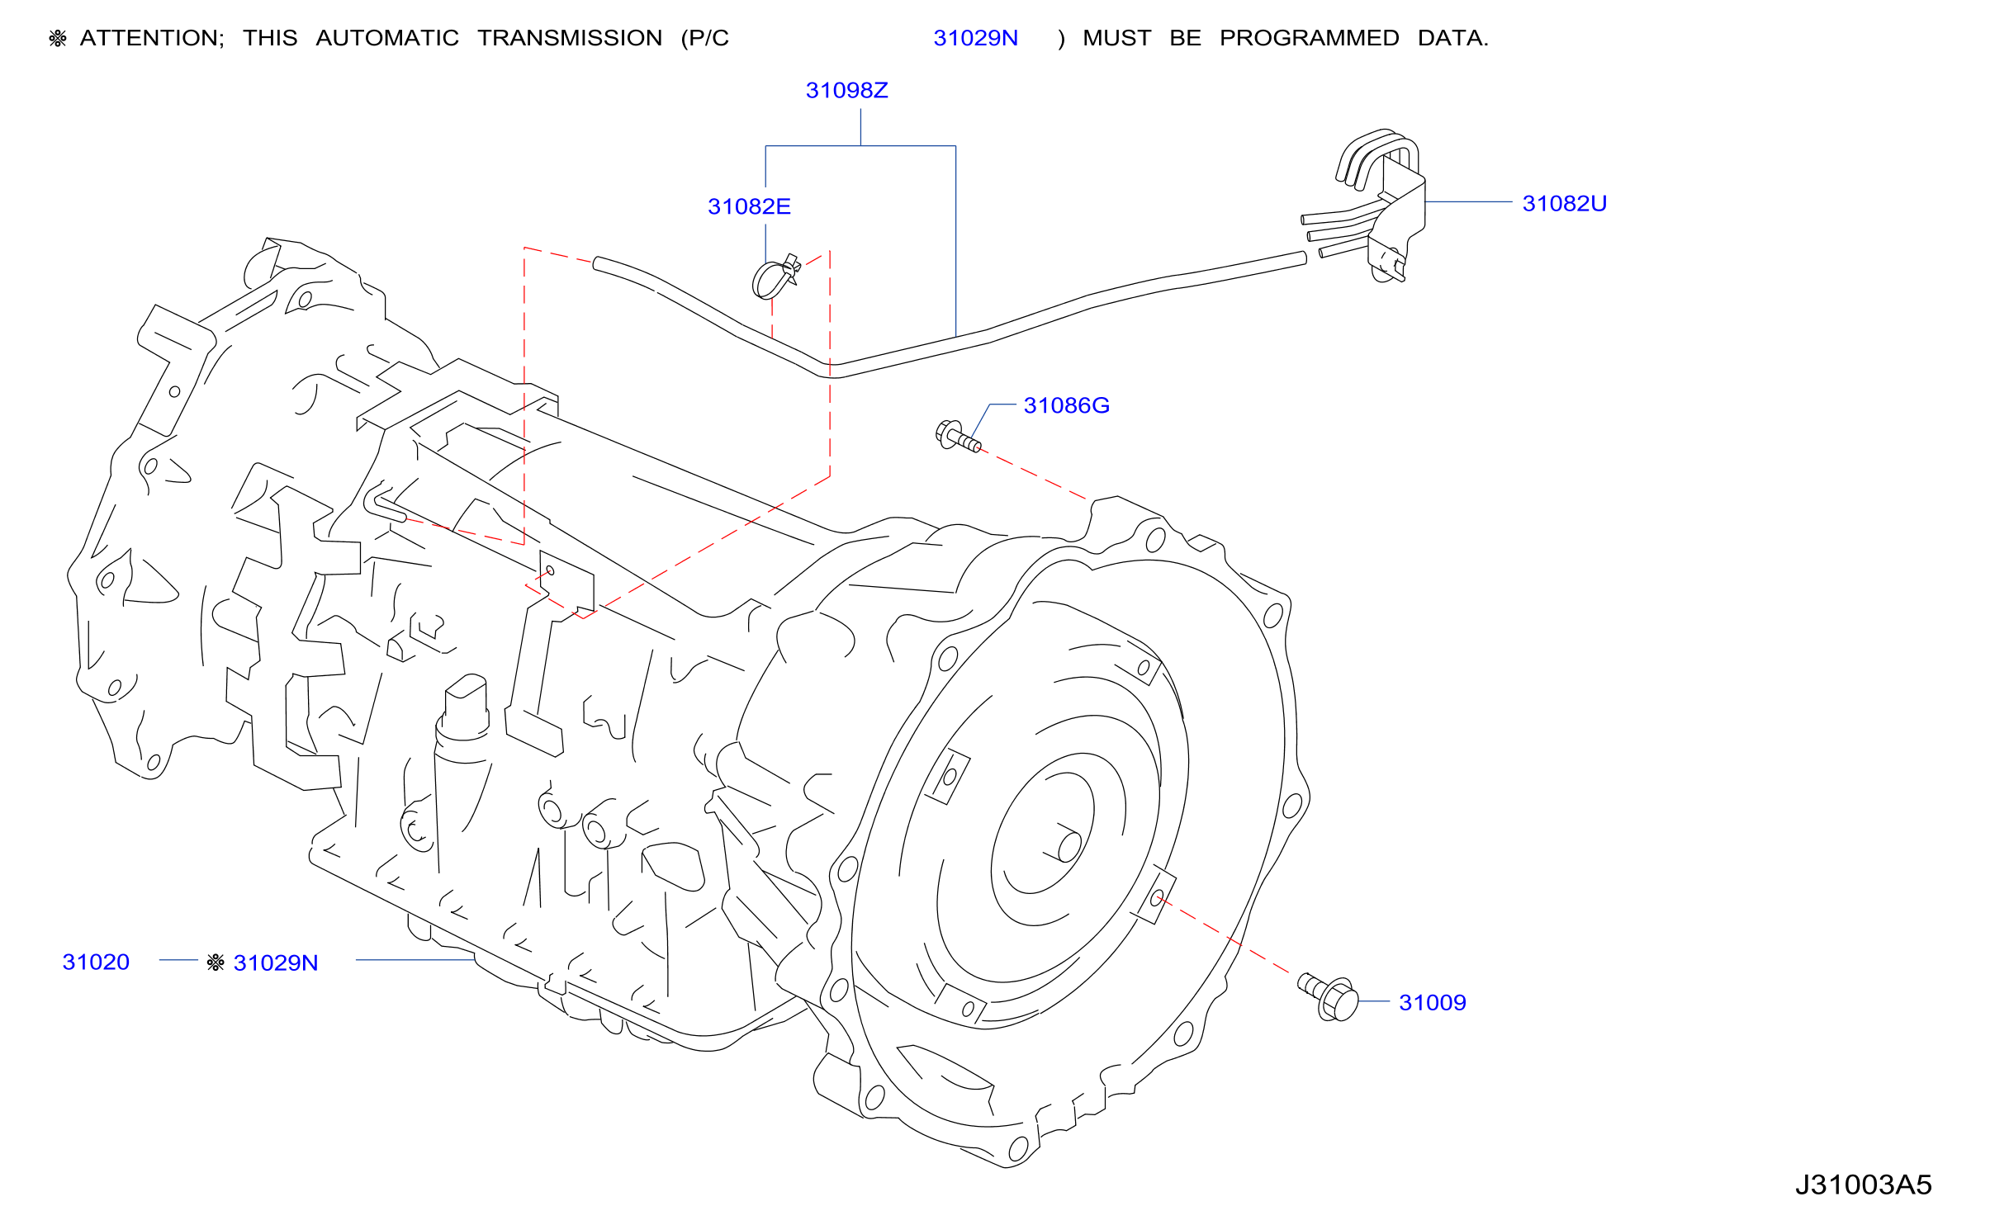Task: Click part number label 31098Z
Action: pos(846,90)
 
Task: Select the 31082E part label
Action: pos(749,206)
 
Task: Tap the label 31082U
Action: pos(1564,203)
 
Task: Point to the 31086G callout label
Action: pos(1066,405)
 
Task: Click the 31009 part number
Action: pos(1432,1002)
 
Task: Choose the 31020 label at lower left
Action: pos(96,962)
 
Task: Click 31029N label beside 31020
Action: pos(275,962)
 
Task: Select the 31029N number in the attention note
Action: pos(975,38)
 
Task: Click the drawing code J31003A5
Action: pos(1864,1185)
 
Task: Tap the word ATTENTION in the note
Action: pos(152,38)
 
